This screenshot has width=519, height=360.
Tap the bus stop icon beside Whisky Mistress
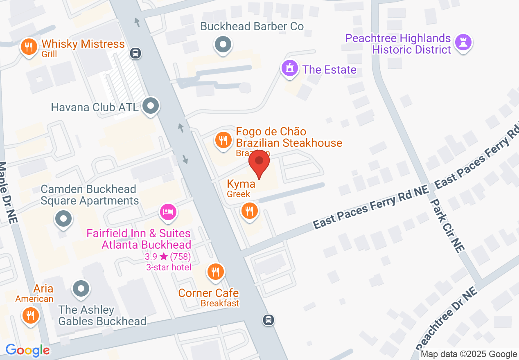135,53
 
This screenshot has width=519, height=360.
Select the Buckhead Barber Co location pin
223,45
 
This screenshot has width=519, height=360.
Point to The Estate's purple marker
290,68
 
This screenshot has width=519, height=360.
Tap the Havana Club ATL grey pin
151,107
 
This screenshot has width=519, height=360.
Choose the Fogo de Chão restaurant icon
223,141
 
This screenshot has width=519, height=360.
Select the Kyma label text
241,184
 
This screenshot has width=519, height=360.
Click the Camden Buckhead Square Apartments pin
63,219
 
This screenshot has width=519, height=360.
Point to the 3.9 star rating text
168,256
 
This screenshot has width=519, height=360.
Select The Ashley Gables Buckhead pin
81,289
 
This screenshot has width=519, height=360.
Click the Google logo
28,350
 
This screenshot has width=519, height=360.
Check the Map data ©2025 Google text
469,354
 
